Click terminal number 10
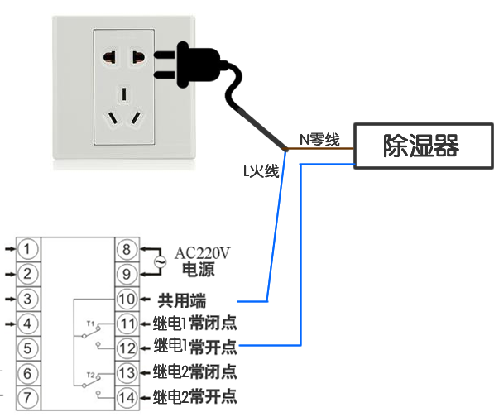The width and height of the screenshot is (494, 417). coord(127,299)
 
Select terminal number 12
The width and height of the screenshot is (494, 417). coord(127,348)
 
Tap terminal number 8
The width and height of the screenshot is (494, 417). coord(127,249)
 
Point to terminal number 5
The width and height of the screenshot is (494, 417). coord(28,348)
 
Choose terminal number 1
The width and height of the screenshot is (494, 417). coord(28,249)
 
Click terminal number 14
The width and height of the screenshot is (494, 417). coord(127,398)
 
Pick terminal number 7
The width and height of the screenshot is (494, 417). coord(28,398)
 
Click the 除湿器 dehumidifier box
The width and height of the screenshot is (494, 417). coord(424,146)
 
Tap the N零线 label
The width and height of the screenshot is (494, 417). coord(319,140)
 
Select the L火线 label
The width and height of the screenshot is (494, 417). coord(261,171)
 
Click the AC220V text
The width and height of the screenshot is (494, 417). coord(202,253)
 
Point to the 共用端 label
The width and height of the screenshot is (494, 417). coord(182,300)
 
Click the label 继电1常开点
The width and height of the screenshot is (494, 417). coord(195,346)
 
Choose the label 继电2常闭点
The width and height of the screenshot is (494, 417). coord(195,371)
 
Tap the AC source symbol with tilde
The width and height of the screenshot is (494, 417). coord(161,261)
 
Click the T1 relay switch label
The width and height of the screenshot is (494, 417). coord(90,324)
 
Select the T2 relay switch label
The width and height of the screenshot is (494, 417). coord(90,375)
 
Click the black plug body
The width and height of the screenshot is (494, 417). coord(197,65)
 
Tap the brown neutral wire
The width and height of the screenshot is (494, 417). coord(319,148)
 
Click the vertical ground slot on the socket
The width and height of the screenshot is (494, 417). coord(124,94)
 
